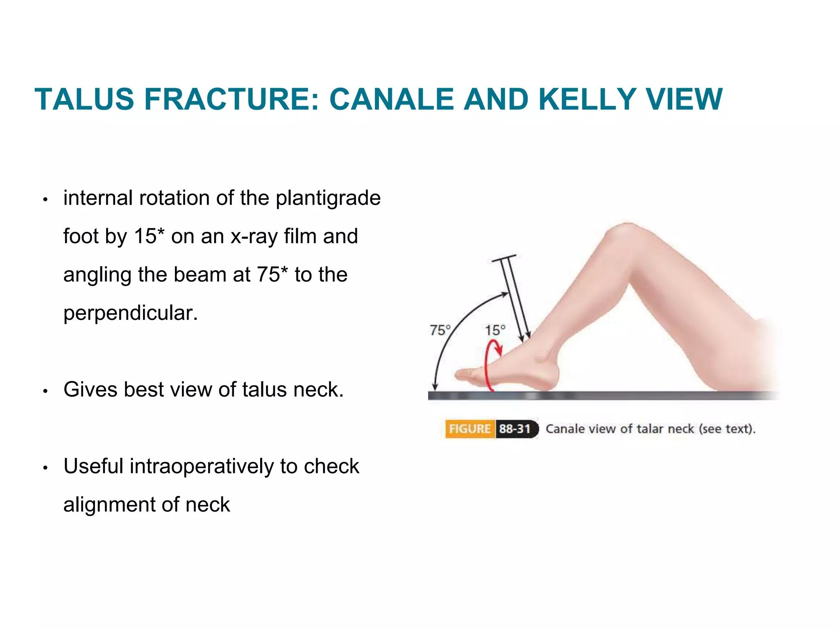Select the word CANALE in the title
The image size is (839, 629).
click(x=391, y=100)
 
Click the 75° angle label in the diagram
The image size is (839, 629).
click(x=440, y=330)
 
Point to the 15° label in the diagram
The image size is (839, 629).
click(x=495, y=330)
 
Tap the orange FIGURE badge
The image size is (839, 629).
click(x=469, y=429)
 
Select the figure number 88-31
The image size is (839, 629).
click(x=515, y=429)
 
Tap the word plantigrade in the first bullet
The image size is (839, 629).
click(x=328, y=198)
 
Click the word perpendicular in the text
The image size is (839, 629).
click(x=130, y=313)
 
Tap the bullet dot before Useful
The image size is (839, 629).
click(x=45, y=468)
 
